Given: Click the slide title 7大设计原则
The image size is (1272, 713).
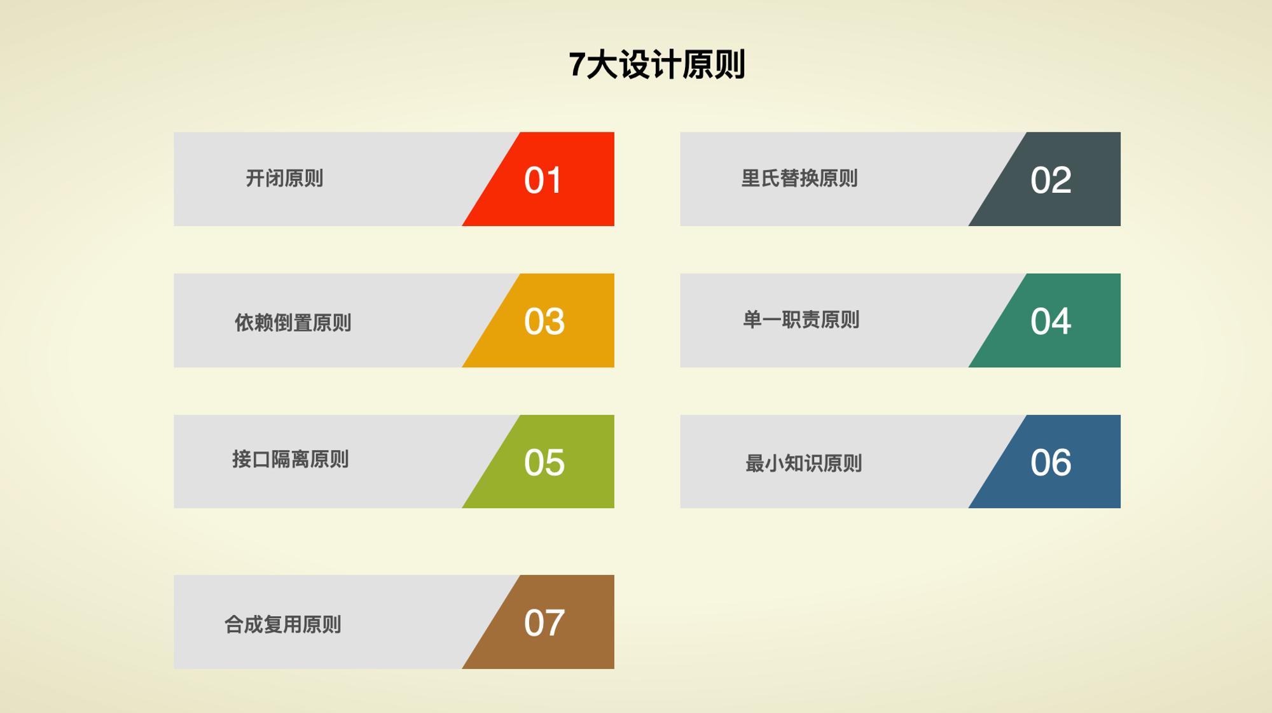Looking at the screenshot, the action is coord(656,65).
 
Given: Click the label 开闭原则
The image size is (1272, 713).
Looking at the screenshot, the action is coord(284,178).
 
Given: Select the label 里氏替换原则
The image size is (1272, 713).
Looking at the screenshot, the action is coord(799,178).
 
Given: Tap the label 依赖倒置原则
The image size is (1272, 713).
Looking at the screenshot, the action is coord(293,323).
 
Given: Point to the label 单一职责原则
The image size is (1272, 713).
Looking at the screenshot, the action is coord(801,320).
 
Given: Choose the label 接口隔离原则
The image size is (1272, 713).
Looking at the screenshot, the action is coord(290,459).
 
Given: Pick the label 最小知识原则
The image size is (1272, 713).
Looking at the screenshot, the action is coord(803,463).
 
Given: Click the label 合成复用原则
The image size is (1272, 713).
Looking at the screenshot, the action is coord(282,625).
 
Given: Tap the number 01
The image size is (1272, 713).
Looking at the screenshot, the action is coord(543,180).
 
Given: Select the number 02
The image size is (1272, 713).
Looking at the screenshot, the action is coord(1051,180).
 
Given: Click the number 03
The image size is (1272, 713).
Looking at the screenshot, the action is coord(544,321).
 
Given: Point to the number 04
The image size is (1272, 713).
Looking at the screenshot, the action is coord(1051,321).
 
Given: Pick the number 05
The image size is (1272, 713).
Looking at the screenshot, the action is coord(544,463).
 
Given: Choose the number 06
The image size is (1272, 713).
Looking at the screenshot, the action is coord(1051,463).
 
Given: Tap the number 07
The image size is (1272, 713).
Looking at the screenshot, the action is coord(544,623).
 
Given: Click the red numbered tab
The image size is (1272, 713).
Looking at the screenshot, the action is coord(547,179).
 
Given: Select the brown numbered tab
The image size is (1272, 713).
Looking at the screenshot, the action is coord(547,622).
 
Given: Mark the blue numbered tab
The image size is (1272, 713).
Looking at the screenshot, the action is coord(1053,462).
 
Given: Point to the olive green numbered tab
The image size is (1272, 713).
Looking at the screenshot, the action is coord(547,462).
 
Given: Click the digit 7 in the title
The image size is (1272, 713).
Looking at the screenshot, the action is coord(576,65).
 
